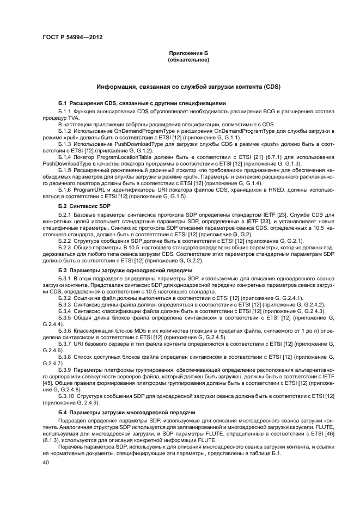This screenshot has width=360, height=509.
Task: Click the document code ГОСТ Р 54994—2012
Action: coord(72,37)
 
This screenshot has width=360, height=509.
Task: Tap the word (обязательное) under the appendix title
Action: coord(188,60)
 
